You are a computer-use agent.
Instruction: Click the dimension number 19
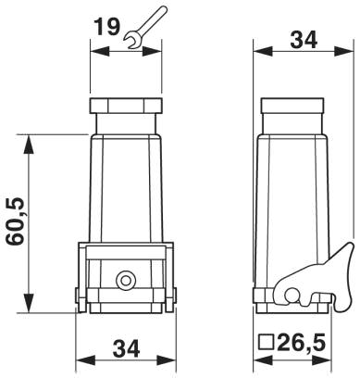coord(106,27)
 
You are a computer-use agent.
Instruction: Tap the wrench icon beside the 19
coord(145,28)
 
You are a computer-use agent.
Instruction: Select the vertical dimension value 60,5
coord(16,222)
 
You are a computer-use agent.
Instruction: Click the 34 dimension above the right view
coord(304,40)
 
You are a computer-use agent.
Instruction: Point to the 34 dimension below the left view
coord(126,348)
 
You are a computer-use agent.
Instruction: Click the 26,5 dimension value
coord(301,343)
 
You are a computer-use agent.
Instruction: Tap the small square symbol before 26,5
coord(267,342)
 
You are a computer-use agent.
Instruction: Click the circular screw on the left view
coord(126,281)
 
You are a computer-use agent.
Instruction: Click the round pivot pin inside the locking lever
coord(292,296)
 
